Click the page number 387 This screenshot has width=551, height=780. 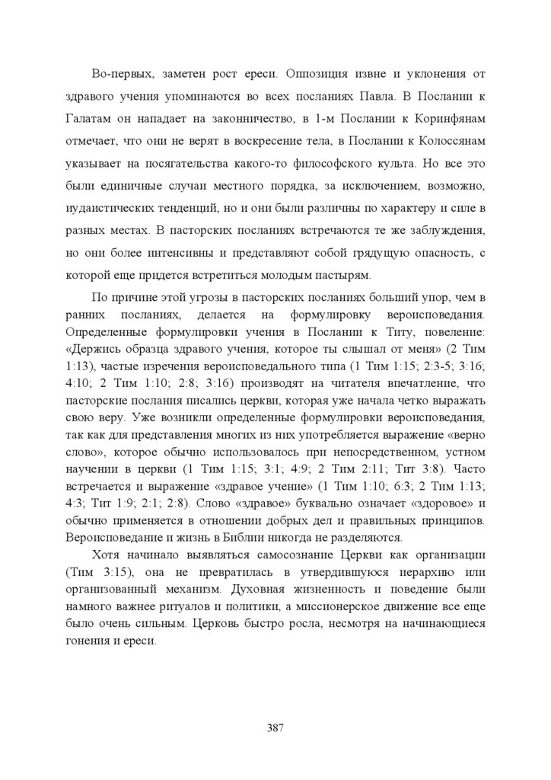point(275,727)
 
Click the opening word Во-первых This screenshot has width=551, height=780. point(119,75)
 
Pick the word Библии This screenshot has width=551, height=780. point(287,536)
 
